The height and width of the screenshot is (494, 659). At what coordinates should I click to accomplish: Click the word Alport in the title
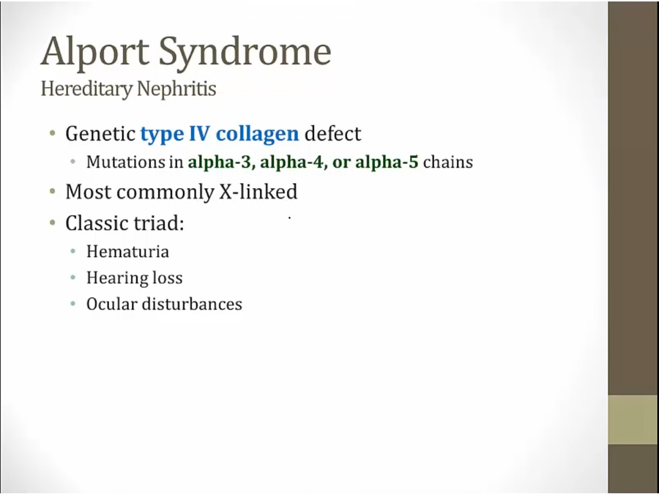(x=95, y=52)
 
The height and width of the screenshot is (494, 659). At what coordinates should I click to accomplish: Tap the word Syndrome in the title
(x=245, y=52)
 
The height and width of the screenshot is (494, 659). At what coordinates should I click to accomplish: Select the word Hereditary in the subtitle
(x=86, y=89)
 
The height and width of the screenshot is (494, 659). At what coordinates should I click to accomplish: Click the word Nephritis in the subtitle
(x=176, y=89)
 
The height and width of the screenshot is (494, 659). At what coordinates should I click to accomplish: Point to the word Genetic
(x=100, y=134)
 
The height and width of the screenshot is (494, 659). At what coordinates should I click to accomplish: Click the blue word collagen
(x=257, y=134)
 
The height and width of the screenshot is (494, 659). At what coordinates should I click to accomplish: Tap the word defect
(x=332, y=134)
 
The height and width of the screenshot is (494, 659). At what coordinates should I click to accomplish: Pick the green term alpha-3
(x=220, y=162)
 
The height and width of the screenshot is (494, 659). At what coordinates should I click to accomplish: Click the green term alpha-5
(x=387, y=162)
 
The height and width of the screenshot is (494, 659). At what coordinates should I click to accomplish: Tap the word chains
(x=447, y=162)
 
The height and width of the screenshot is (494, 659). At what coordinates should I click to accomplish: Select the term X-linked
(x=258, y=192)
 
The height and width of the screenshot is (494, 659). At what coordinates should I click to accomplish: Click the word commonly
(x=165, y=192)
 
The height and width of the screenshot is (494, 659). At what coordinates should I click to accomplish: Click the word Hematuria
(x=127, y=252)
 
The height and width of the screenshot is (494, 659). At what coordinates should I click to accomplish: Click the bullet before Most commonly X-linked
(x=53, y=192)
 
